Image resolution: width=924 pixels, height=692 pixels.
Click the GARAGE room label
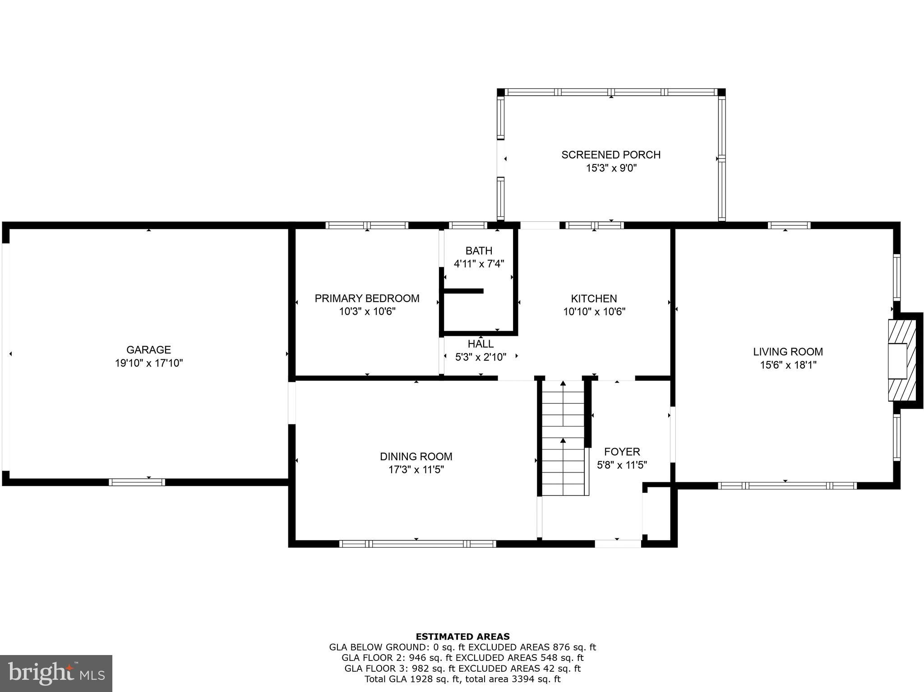click(x=148, y=349)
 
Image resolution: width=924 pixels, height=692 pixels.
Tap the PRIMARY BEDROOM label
click(x=367, y=298)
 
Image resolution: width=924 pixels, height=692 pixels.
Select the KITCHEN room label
click(x=594, y=298)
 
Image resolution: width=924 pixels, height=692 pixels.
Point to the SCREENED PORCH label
click(x=611, y=155)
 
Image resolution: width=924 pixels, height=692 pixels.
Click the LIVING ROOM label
click(x=788, y=351)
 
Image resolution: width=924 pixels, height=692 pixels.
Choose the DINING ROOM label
click(x=416, y=456)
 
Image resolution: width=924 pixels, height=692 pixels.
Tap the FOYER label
click(x=622, y=451)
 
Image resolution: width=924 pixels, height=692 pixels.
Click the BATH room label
click(x=479, y=250)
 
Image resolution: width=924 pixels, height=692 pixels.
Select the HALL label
click(x=480, y=344)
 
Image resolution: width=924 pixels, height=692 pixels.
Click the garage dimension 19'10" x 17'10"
click(x=148, y=363)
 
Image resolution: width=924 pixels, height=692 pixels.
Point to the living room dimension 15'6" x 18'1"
click(x=788, y=365)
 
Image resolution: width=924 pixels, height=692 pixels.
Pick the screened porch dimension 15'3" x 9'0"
click(x=611, y=168)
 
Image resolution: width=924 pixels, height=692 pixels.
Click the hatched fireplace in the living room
click(x=902, y=360)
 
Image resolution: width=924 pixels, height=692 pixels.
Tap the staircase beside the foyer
click(x=563, y=438)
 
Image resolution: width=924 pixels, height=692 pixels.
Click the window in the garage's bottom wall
click(x=137, y=482)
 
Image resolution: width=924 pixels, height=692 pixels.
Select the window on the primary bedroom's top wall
click(x=367, y=225)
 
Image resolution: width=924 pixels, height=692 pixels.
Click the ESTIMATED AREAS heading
click(x=462, y=637)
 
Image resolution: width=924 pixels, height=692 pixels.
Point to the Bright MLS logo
click(x=56, y=673)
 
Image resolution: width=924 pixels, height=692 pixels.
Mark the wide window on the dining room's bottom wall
click(x=417, y=544)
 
